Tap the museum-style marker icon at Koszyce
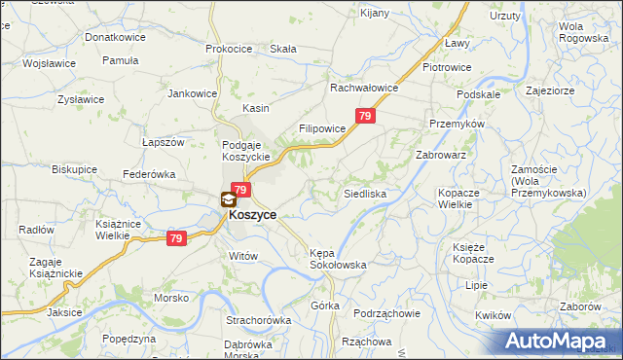pyautogui.click(x=228, y=199)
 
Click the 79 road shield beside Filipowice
pyautogui.click(x=364, y=117)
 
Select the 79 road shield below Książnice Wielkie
pyautogui.click(x=176, y=238)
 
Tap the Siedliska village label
pyautogui.click(x=365, y=195)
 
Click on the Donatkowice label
pyautogui.click(x=116, y=37)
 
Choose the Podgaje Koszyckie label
pyautogui.click(x=246, y=152)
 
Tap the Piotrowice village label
pyautogui.click(x=447, y=67)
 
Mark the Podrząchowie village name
pyautogui.click(x=386, y=313)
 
